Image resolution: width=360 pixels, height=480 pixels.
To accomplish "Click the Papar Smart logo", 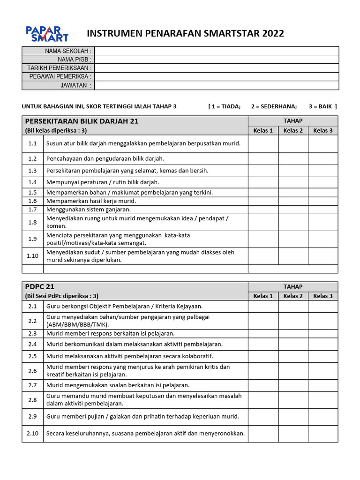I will [47, 34].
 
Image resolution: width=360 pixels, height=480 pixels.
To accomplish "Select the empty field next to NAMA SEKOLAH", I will [217, 51].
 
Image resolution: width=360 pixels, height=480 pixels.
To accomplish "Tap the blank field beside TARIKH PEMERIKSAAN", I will [217, 68].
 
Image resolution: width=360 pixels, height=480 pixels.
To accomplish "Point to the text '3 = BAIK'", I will [322, 106].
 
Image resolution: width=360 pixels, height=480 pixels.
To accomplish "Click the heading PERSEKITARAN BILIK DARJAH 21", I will [82, 121].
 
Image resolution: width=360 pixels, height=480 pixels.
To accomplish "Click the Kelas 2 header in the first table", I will [293, 130].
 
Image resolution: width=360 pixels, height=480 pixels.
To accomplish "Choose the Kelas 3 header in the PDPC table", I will [323, 296].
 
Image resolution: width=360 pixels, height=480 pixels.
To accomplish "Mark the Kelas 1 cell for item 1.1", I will [263, 143].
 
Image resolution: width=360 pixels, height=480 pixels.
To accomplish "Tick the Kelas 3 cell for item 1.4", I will [323, 182].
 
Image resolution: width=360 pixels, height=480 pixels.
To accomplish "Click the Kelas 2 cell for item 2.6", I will [293, 371].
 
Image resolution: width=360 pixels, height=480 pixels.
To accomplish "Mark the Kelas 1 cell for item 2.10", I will [263, 434].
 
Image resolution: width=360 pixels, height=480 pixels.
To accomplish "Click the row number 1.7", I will [32, 210].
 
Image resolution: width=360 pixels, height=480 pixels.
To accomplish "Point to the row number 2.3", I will [32, 333].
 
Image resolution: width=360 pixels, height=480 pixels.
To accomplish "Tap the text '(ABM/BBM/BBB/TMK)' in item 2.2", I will [77, 324].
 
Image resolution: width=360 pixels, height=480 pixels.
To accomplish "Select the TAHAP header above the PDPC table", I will [293, 286].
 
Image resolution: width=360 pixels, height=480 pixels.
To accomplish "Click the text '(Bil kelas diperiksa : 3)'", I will [56, 131].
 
